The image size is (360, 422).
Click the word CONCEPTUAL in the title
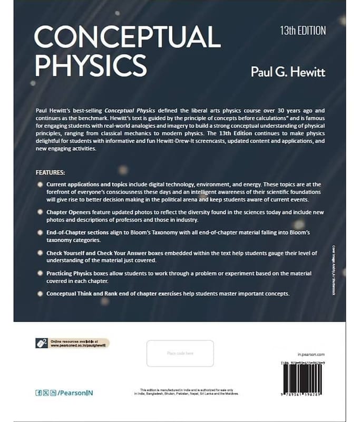coord(127,39)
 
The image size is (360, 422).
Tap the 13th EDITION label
coord(303,30)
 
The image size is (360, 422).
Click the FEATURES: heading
coord(51,172)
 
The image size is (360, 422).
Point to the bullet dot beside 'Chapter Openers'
coord(41,212)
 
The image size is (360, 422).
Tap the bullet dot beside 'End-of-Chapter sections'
coord(41,233)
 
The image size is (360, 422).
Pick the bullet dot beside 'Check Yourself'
coord(41,253)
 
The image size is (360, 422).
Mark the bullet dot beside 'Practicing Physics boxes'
coord(41,274)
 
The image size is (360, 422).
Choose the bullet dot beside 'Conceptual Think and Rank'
coord(41,293)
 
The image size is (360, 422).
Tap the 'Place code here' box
coord(180,353)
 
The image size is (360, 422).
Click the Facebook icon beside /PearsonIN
coord(38,393)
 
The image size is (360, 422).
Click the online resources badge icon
coord(42,343)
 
